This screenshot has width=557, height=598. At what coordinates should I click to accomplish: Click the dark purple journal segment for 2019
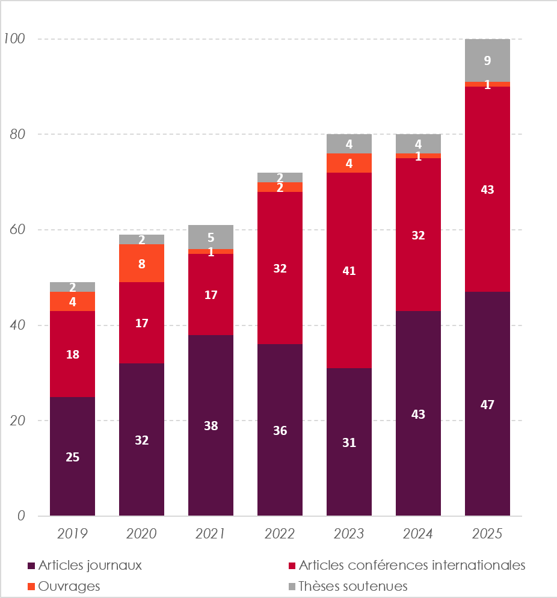click(x=72, y=456)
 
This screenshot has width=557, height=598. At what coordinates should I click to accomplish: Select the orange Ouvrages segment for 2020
click(x=141, y=263)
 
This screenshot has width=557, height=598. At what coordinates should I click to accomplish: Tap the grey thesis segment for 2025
click(x=487, y=60)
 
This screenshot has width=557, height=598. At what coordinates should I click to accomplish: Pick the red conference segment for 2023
click(x=349, y=270)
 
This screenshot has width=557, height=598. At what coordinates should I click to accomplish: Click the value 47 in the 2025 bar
click(x=487, y=404)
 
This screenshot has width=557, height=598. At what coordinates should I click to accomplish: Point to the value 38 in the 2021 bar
click(x=211, y=425)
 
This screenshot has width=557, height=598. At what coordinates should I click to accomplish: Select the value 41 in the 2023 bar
click(x=349, y=271)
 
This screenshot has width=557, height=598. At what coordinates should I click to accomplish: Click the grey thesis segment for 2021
click(x=211, y=237)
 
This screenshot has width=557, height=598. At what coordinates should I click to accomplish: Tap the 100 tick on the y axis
click(x=14, y=39)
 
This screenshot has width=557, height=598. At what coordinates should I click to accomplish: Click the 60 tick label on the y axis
click(x=17, y=230)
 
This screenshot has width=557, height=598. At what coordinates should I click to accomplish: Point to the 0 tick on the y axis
click(x=21, y=516)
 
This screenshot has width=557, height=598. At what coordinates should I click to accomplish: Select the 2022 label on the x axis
click(x=280, y=534)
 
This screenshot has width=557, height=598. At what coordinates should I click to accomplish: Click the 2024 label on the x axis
click(x=418, y=534)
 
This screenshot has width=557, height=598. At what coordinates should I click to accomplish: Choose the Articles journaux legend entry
click(x=85, y=565)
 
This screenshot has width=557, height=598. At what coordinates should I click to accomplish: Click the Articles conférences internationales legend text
click(x=412, y=565)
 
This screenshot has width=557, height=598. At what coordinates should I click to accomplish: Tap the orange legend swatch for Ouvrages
click(x=31, y=587)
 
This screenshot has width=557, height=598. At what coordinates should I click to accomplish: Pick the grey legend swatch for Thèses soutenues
click(x=292, y=587)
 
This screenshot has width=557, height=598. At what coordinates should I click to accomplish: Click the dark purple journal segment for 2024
click(x=418, y=413)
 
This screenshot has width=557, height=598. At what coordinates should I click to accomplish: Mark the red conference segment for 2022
click(x=280, y=268)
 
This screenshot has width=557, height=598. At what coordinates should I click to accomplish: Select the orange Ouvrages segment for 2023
click(x=349, y=163)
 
